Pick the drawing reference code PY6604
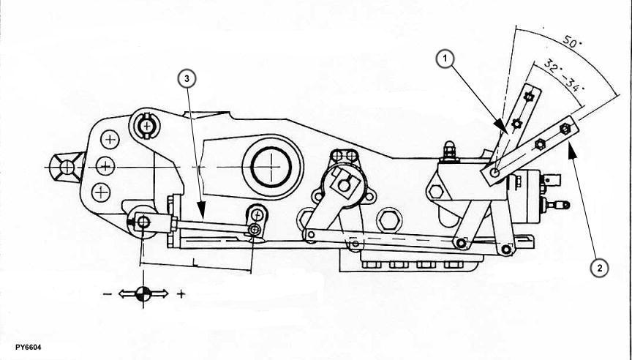tap(23, 346)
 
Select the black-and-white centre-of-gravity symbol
tap(143, 293)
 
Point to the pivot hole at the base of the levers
tap(494, 173)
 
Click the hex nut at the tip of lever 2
tap(564, 129)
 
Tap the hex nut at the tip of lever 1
tap(533, 96)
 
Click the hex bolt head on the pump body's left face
tap(436, 192)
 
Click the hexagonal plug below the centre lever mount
tap(388, 220)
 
